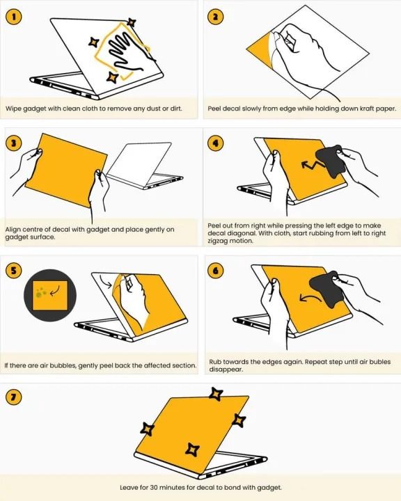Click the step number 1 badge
point(13,16)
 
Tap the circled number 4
point(214,144)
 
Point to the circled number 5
point(13,271)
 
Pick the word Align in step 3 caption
point(15,228)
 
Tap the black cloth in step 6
point(327,287)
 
